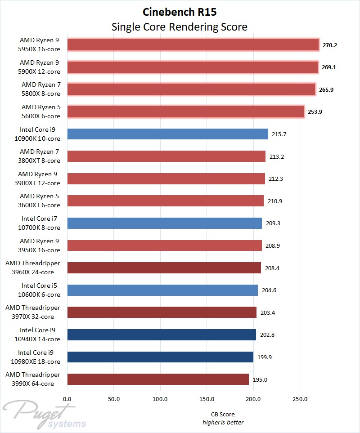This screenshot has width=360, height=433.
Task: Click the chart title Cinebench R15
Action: pyautogui.click(x=180, y=12)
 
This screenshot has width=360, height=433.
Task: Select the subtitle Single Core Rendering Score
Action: pyautogui.click(x=180, y=27)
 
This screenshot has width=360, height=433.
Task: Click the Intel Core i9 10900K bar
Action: pyautogui.click(x=167, y=134)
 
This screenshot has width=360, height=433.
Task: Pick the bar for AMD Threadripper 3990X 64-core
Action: pyautogui.click(x=158, y=379)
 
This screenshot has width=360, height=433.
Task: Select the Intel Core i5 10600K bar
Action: pyautogui.click(x=162, y=290)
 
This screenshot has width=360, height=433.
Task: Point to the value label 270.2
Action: pyautogui.click(x=330, y=45)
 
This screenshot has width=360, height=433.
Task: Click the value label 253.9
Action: pyautogui.click(x=315, y=112)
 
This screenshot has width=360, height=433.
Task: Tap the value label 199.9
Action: pyautogui.click(x=264, y=357)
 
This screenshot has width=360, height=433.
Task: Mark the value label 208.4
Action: pyautogui.click(x=272, y=268)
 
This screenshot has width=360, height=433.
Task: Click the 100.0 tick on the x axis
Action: pyautogui.click(x=160, y=399)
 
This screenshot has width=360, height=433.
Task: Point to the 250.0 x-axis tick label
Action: pyautogui.click(x=300, y=399)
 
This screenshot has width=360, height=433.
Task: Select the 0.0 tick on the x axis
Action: pyautogui.click(x=67, y=399)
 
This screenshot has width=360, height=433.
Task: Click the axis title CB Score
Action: pyautogui.click(x=223, y=414)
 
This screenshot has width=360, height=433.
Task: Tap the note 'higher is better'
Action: pyautogui.click(x=223, y=422)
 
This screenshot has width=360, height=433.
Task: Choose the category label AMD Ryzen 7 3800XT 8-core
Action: pyautogui.click(x=40, y=156)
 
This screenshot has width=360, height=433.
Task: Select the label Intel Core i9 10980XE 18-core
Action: pyautogui.click(x=39, y=357)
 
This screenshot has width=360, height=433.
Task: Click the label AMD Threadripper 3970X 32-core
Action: pyautogui.click(x=32, y=312)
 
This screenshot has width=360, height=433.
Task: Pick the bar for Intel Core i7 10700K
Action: pyautogui.click(x=164, y=223)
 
